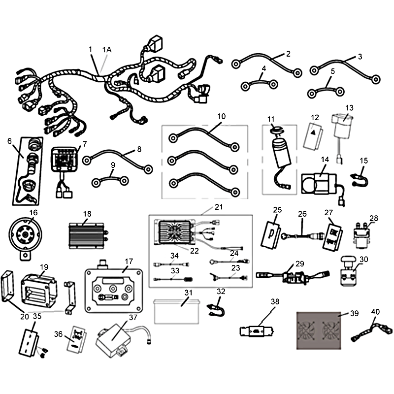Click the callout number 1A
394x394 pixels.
tap(107, 50)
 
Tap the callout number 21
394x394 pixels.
tap(219, 207)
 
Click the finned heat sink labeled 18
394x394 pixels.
tap(88, 236)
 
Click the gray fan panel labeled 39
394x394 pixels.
tap(319, 330)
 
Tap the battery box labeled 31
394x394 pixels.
tap(177, 311)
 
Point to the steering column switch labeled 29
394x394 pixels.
tap(293, 276)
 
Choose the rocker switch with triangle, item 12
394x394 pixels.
tap(313, 136)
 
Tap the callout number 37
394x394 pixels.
tap(133, 317)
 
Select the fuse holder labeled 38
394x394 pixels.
tap(257, 331)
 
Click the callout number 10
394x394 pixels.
tap(221, 116)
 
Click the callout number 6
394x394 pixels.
tap(9, 141)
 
